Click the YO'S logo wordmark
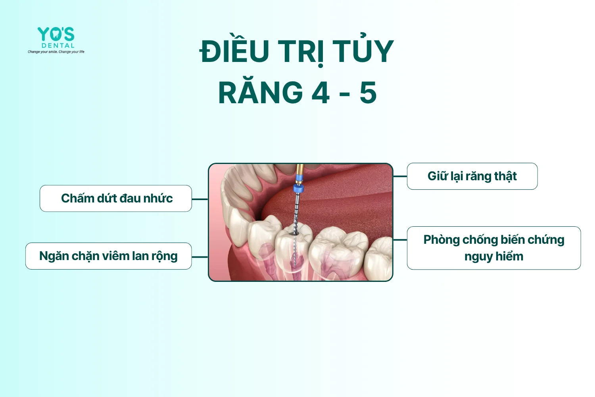coord(56,34)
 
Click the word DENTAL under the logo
coord(58,46)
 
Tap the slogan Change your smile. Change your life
coord(56,52)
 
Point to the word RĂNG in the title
coord(261,92)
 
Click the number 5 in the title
coord(368,93)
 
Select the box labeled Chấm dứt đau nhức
coord(116,198)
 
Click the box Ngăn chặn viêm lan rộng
coord(108,256)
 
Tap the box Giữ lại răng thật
coord(472,176)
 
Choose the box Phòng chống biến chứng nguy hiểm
coord(494,248)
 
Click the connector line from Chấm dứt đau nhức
coord(200,199)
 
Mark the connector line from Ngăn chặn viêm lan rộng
coord(200,257)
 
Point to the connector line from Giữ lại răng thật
coord(400,176)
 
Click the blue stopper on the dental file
coord(298,189)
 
